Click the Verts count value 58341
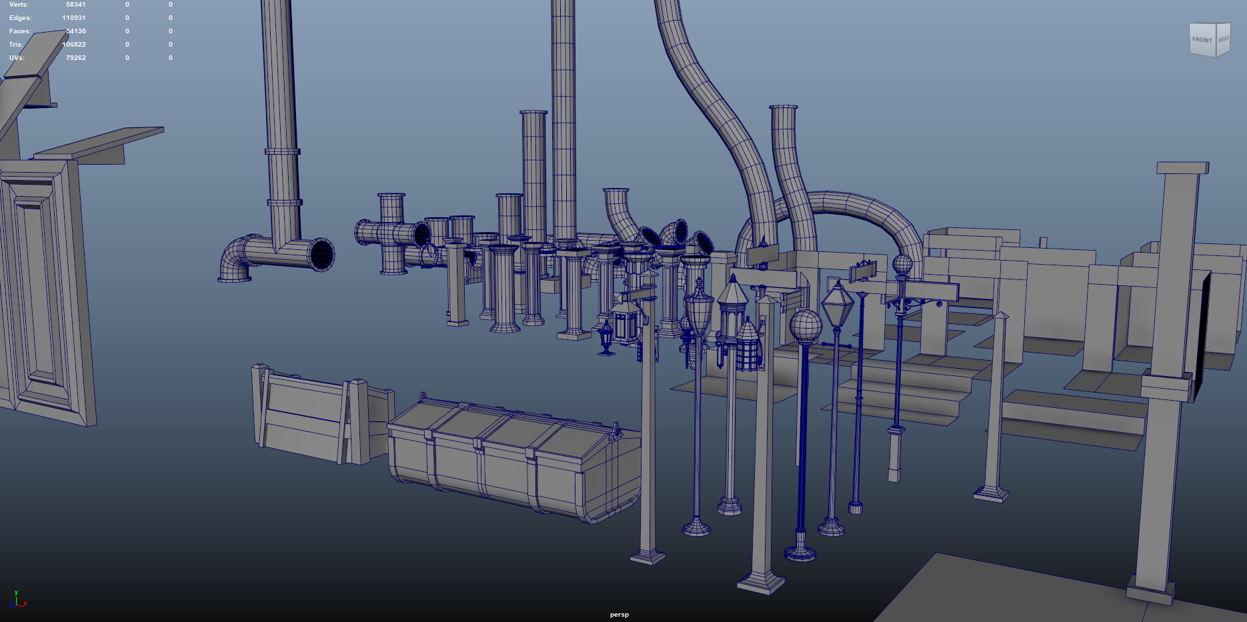coord(75,5)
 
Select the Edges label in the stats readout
coord(20,18)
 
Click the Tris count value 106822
coord(74,45)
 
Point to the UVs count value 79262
coord(75,58)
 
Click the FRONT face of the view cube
coord(1202,40)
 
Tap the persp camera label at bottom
coord(619,615)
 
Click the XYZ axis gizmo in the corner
coord(17,600)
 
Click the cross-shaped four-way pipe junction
coord(391,233)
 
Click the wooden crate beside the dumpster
coord(307,413)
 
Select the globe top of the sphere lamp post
coord(806,325)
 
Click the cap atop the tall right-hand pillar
coord(1182,167)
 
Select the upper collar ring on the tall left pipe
coord(283,151)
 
